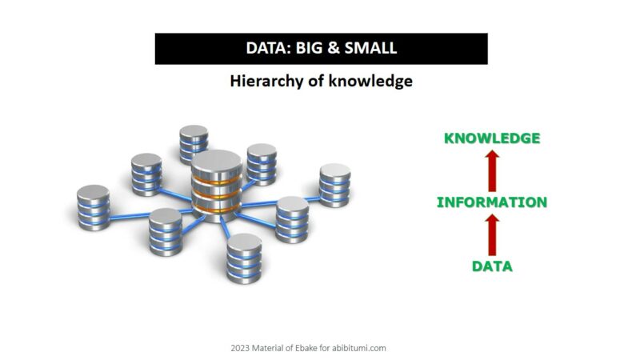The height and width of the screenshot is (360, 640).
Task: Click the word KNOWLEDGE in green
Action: [x=492, y=138]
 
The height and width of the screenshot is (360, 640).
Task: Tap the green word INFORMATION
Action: [x=492, y=202]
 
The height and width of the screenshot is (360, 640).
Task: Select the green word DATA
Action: [x=492, y=266]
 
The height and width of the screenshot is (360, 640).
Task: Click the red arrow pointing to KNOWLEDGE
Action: [x=492, y=170]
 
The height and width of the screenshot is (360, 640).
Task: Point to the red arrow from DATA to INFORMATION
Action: [x=492, y=235]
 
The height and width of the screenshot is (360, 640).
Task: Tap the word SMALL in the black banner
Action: [x=370, y=48]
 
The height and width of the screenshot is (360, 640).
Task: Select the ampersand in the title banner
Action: [x=334, y=48]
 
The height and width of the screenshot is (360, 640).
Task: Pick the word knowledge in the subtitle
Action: [x=370, y=82]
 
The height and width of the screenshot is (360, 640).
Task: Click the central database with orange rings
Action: [x=217, y=186]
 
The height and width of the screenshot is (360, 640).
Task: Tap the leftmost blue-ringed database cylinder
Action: [x=93, y=207]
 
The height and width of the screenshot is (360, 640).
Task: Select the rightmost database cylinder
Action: [x=334, y=185]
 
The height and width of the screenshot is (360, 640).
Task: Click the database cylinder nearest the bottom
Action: [x=244, y=258]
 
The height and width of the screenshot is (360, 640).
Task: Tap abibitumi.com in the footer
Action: [x=358, y=348]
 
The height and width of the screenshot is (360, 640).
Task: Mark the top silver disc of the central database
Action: [x=217, y=160]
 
